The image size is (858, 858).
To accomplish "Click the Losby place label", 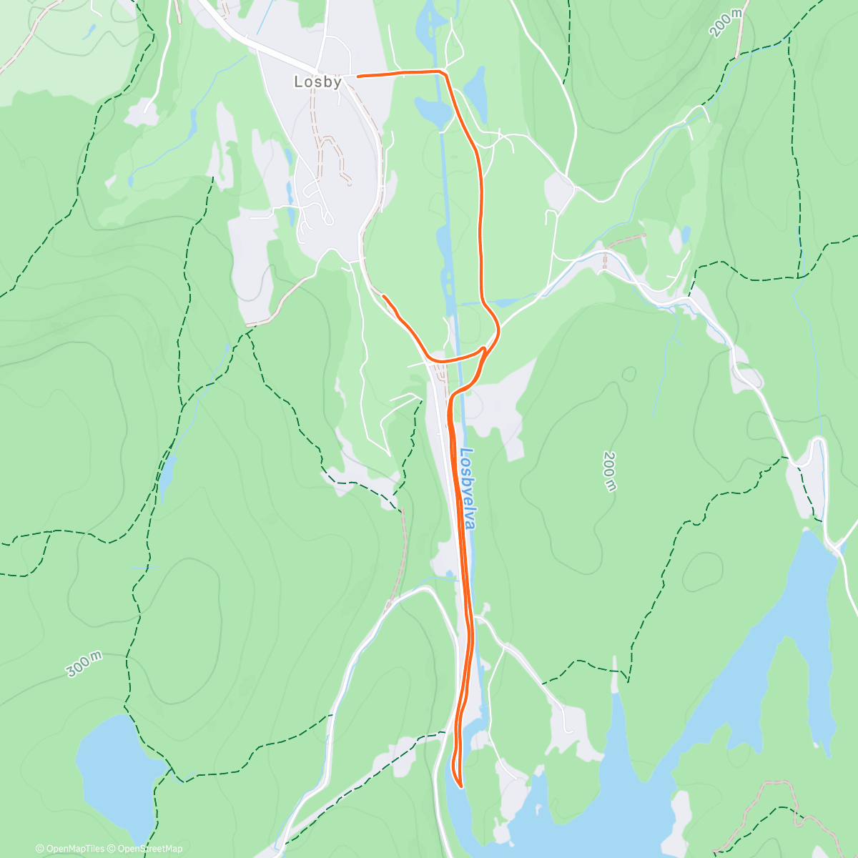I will pos(317,82).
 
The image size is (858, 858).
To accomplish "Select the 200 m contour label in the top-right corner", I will pos(726,23).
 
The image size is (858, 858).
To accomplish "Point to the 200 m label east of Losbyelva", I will pos(609,471).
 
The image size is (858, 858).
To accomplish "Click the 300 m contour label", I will pos(84,665).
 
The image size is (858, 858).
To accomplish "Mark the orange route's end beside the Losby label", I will pos(357,76).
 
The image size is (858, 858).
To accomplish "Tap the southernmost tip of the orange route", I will pos(461,786).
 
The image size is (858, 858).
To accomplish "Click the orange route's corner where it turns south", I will pos(445,72).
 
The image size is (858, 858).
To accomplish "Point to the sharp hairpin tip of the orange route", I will pos(485,348).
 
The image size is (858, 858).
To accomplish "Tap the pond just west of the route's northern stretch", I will pos(432,111).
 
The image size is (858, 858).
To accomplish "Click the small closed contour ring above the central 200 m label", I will pos(629,374).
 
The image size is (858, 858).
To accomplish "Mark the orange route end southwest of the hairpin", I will pos(384,295).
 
